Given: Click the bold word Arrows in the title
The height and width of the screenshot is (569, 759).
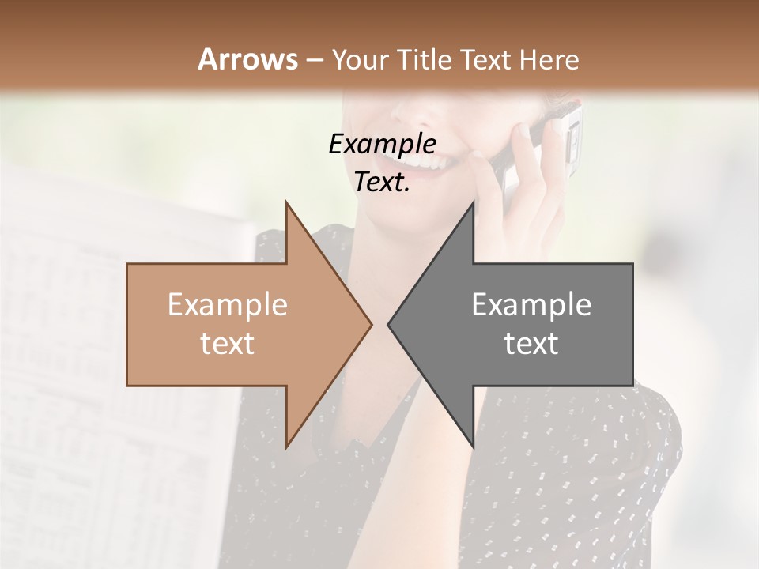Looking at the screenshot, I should [248, 59].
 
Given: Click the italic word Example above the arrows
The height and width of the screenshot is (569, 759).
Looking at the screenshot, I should [383, 144].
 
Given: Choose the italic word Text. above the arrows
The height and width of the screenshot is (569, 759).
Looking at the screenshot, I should [383, 182].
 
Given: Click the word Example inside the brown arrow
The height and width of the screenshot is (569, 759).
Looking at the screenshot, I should [228, 304].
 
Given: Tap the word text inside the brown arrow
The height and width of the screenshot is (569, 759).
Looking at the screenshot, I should [228, 344].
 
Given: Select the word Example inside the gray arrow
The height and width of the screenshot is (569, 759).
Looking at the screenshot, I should [531, 304].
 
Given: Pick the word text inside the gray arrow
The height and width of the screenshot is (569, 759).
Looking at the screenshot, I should [531, 344].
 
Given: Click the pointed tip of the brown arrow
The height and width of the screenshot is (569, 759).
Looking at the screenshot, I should [371, 324].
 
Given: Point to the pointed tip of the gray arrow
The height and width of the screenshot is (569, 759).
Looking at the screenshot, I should [388, 324].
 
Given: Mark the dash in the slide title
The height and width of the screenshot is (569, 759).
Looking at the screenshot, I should [314, 60].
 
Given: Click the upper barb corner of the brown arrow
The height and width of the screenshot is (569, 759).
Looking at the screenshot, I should [286, 202].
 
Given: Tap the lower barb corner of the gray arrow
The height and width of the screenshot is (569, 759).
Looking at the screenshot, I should [473, 447].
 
